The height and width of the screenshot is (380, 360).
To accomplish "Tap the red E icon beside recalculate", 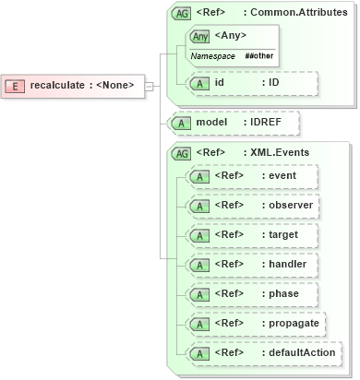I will click(16, 87).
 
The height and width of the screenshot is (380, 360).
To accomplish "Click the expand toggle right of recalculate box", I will click(150, 87).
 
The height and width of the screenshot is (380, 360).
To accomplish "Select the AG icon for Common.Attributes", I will click(180, 14).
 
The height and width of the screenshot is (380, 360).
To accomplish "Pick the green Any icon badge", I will click(198, 36).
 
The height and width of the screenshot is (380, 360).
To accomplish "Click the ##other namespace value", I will click(258, 56).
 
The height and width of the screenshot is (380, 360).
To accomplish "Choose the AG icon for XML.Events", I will click(180, 152).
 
